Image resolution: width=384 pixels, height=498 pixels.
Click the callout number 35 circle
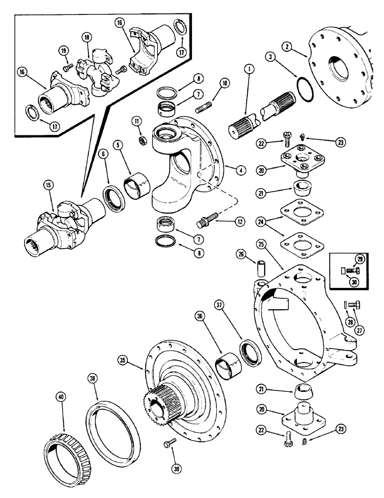[x=121, y=359]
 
